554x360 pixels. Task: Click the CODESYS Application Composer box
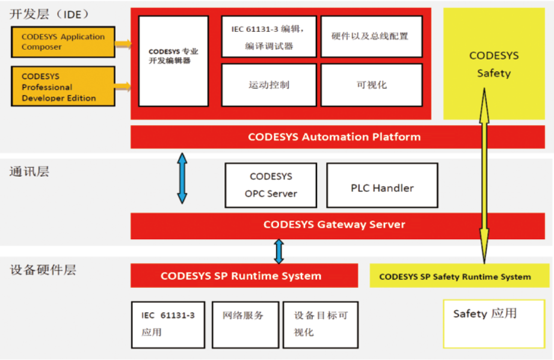point(63,42)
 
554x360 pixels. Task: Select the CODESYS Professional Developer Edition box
point(63,87)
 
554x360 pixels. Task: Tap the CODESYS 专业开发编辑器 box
point(173,61)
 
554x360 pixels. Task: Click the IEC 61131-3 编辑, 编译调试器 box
point(268,37)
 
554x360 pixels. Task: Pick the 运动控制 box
point(268,85)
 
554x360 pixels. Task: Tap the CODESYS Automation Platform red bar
point(334,137)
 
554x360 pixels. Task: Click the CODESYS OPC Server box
point(271,185)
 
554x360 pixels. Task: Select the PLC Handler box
point(382,188)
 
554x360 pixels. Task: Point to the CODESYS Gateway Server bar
point(334,225)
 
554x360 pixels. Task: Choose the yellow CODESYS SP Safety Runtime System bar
point(455,276)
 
